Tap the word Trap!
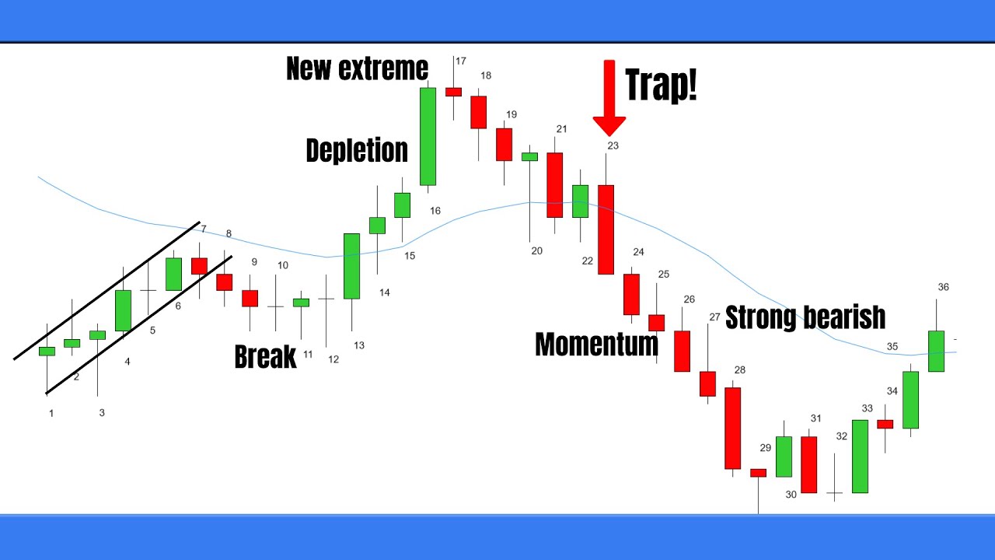pos(661,84)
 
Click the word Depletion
pos(357,150)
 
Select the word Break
pos(265,357)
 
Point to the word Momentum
pos(596,344)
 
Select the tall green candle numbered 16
pos(428,136)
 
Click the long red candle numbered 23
pos(606,229)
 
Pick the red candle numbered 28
pos(732,428)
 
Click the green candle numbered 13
pos(351,266)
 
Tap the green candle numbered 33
pos(860,456)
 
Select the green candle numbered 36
pos(936,351)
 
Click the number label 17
pos(461,61)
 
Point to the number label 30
pos(791,495)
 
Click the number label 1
pos(51,414)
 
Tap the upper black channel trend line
pos(109,289)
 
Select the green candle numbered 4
pos(123,310)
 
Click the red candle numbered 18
pos(478,112)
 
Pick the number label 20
pos(536,251)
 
